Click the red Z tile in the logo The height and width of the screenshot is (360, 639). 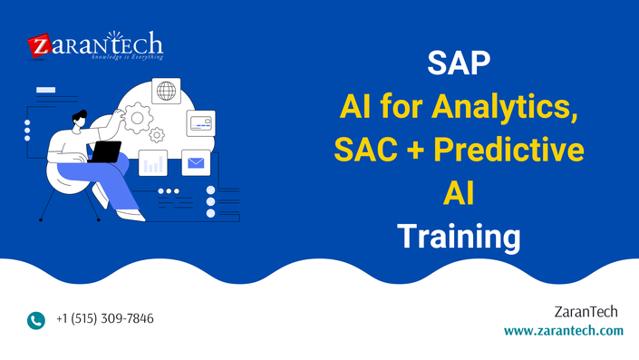pyautogui.click(x=39, y=45)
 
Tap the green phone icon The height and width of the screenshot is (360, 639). pyautogui.click(x=36, y=320)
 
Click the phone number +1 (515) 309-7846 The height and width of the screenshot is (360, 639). pyautogui.click(x=105, y=318)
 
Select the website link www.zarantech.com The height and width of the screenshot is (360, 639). pyautogui.click(x=563, y=330)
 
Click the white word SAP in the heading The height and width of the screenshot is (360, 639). pyautogui.click(x=459, y=63)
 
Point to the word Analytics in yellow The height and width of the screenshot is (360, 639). pyautogui.click(x=505, y=108)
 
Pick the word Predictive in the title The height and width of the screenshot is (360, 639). pyautogui.click(x=508, y=150)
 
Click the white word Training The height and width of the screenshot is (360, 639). pyautogui.click(x=459, y=238)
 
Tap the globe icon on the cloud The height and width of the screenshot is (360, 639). pyautogui.click(x=166, y=91)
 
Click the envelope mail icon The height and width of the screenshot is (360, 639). pyautogui.click(x=196, y=162)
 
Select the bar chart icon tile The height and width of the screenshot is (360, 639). pyautogui.click(x=153, y=163)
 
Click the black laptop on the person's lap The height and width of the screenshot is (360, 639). pyautogui.click(x=105, y=152)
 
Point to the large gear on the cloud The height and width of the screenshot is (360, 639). pyautogui.click(x=138, y=118)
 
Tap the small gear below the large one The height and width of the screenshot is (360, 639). pyautogui.click(x=157, y=135)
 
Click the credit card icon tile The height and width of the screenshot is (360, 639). pyautogui.click(x=201, y=123)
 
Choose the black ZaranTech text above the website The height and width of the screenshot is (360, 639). pyautogui.click(x=586, y=312)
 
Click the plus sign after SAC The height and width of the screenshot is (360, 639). pyautogui.click(x=415, y=150)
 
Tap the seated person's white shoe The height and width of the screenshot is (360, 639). pyautogui.click(x=131, y=215)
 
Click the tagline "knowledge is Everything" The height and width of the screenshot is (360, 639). pyautogui.click(x=127, y=57)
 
